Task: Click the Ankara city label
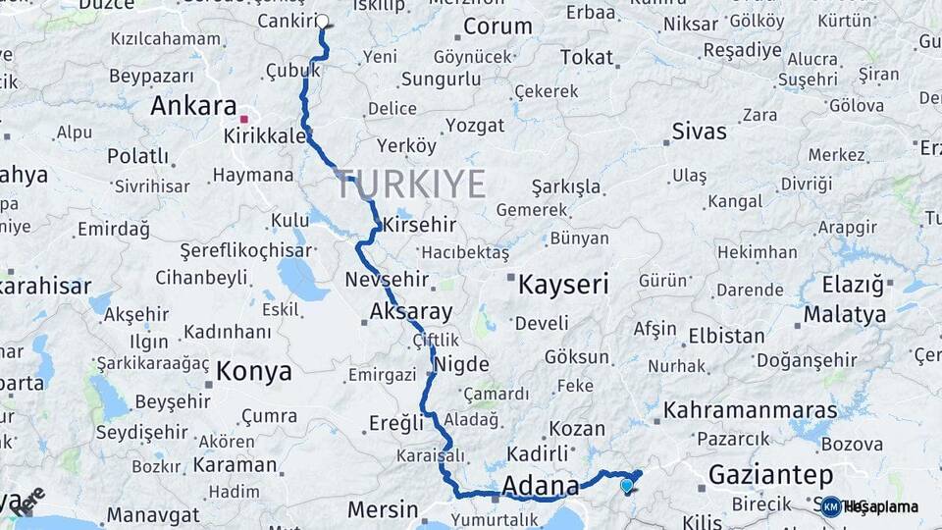click(x=193, y=106)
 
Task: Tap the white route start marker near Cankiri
click(x=321, y=21)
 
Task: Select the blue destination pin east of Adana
click(x=627, y=483)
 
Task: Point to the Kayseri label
click(x=562, y=285)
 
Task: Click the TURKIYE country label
click(x=411, y=184)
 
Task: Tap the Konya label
click(x=253, y=371)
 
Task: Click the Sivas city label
click(x=700, y=132)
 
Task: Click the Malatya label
click(x=846, y=314)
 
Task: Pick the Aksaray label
click(x=411, y=313)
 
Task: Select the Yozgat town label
click(x=475, y=125)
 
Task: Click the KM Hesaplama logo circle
click(x=830, y=506)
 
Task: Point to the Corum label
click(x=497, y=26)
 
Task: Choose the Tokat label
click(x=586, y=58)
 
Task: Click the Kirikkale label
click(x=265, y=135)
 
